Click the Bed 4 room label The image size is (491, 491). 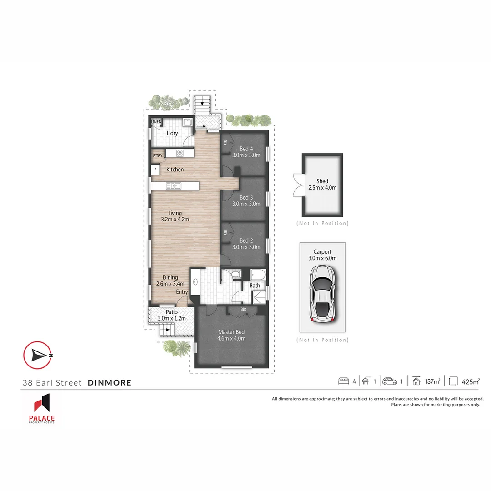[246, 149]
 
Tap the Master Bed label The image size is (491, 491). [231, 332]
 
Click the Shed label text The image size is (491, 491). [322, 181]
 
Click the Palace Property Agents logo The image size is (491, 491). [41, 409]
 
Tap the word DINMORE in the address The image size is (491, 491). [110, 382]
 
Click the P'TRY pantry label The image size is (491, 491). [158, 156]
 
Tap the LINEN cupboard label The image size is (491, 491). [156, 122]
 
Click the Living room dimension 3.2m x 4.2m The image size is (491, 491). [175, 219]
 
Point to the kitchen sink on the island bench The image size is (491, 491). [174, 185]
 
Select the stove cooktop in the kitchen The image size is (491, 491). [180, 153]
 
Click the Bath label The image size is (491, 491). [255, 286]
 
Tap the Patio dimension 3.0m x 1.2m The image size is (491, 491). [171, 318]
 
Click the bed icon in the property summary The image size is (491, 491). [344, 381]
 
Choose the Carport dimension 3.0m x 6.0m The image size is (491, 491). [322, 258]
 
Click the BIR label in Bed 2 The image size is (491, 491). [225, 233]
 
